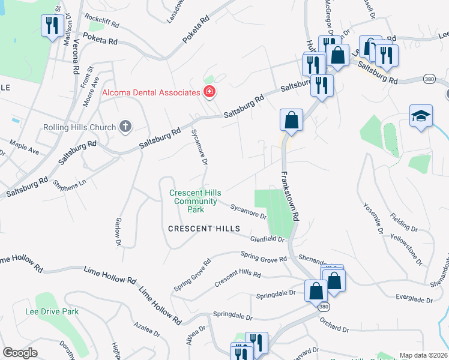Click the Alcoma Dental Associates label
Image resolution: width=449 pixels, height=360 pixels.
pyautogui.click(x=151, y=92)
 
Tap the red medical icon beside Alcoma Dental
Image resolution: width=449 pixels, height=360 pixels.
pyautogui.click(x=209, y=92)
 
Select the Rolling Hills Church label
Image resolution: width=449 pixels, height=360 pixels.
pyautogui.click(x=79, y=127)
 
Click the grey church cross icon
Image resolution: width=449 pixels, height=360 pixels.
pyautogui.click(x=125, y=127)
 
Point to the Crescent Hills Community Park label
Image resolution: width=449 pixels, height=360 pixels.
pyautogui.click(x=195, y=201)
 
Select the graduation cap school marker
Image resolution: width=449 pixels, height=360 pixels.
pyautogui.click(x=421, y=116)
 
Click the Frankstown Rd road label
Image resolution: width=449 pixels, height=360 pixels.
pyautogui.click(x=288, y=197)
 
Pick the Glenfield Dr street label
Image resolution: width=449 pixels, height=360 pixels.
pyautogui.click(x=267, y=238)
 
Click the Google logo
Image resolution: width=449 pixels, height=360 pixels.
pyautogui.click(x=20, y=353)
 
